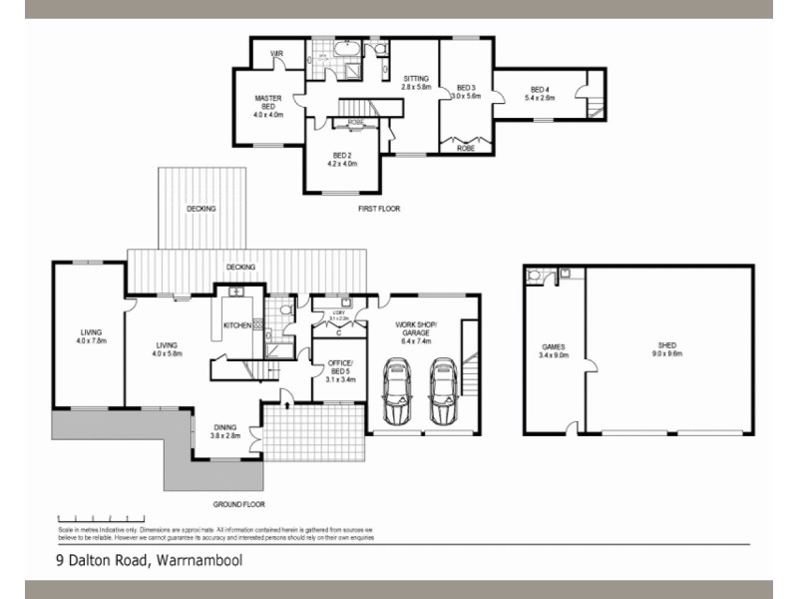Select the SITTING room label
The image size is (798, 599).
(416, 78)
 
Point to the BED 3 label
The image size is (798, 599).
(465, 87)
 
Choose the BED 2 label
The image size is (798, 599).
(341, 155)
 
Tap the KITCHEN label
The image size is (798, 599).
(237, 326)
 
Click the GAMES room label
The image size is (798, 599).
(553, 346)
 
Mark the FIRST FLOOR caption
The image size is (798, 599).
(378, 209)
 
